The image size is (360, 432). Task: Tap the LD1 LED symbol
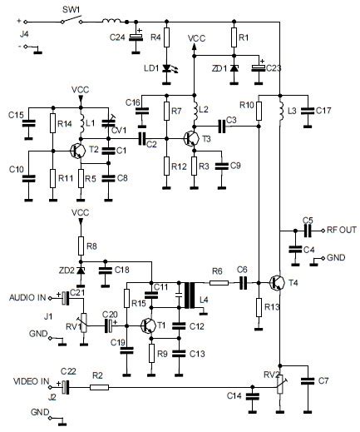click(x=167, y=68)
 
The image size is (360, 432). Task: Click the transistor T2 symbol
click(x=77, y=151)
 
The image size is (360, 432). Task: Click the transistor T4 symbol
click(x=277, y=283)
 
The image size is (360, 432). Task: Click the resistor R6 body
click(x=218, y=283)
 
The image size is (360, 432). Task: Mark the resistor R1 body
click(x=234, y=37)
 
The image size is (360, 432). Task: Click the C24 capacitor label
click(x=118, y=37)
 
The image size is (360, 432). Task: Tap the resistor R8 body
click(x=81, y=246)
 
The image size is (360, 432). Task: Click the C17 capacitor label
click(x=323, y=110)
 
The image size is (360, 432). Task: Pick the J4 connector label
click(x=11, y=35)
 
